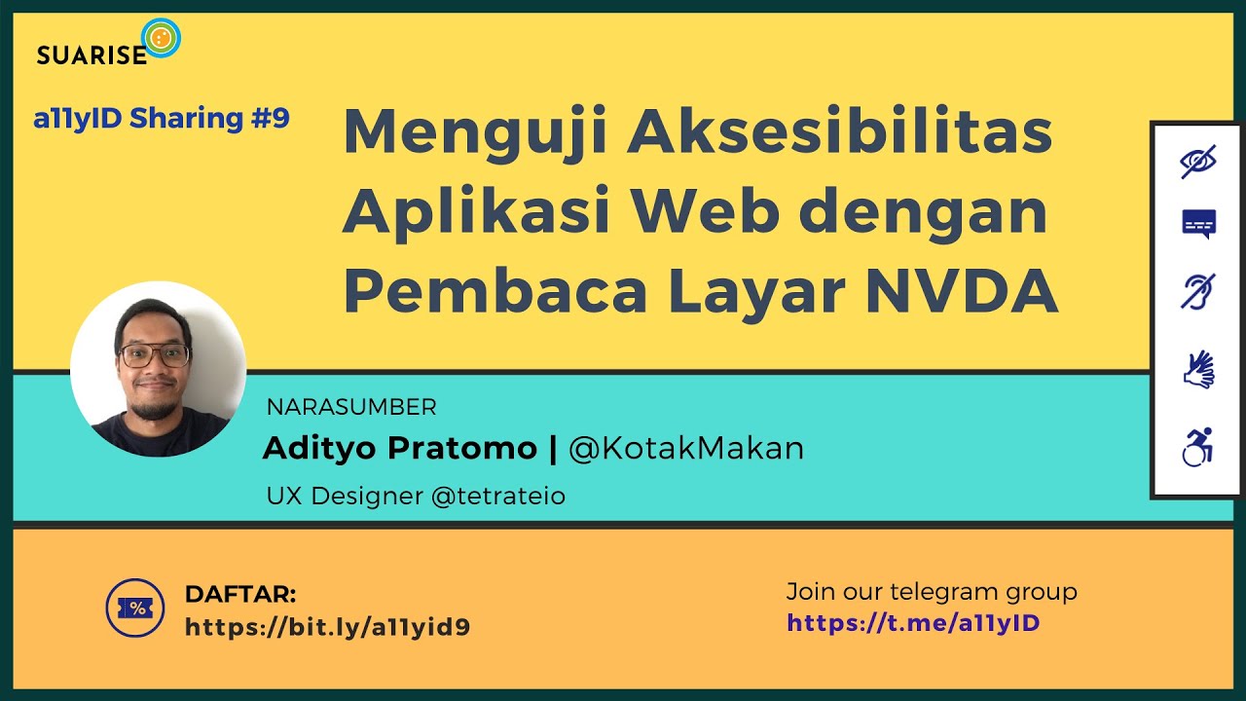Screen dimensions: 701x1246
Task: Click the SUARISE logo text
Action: [x=92, y=55]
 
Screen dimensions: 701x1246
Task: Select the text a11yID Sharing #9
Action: [x=162, y=119]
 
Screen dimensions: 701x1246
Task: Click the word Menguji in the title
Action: [x=474, y=133]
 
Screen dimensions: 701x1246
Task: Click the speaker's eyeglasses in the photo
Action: [x=154, y=354]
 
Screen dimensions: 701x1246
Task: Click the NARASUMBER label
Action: [x=351, y=407]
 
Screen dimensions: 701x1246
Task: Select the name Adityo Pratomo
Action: [x=399, y=448]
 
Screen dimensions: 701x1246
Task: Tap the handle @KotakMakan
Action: [x=686, y=448]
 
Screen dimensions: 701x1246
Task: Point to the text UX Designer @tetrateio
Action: [x=416, y=496]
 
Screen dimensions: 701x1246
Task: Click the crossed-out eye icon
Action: [x=1198, y=163]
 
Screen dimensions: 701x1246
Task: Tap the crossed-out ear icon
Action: [x=1198, y=290]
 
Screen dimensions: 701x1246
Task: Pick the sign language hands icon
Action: [x=1198, y=370]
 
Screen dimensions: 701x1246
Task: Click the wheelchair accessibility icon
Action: [x=1198, y=448]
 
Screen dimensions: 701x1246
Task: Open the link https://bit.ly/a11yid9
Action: [x=327, y=627]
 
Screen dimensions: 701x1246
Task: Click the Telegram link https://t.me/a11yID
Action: [x=913, y=622]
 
